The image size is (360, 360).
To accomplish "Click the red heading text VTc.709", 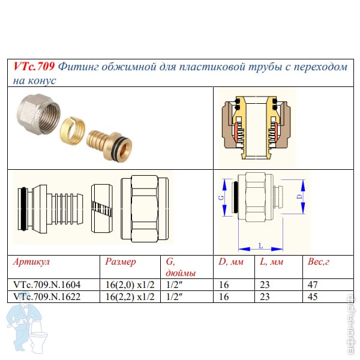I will pos(34,67).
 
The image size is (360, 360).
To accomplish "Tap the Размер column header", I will pos(121,262).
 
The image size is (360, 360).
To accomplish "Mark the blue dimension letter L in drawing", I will pos(260,245).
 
